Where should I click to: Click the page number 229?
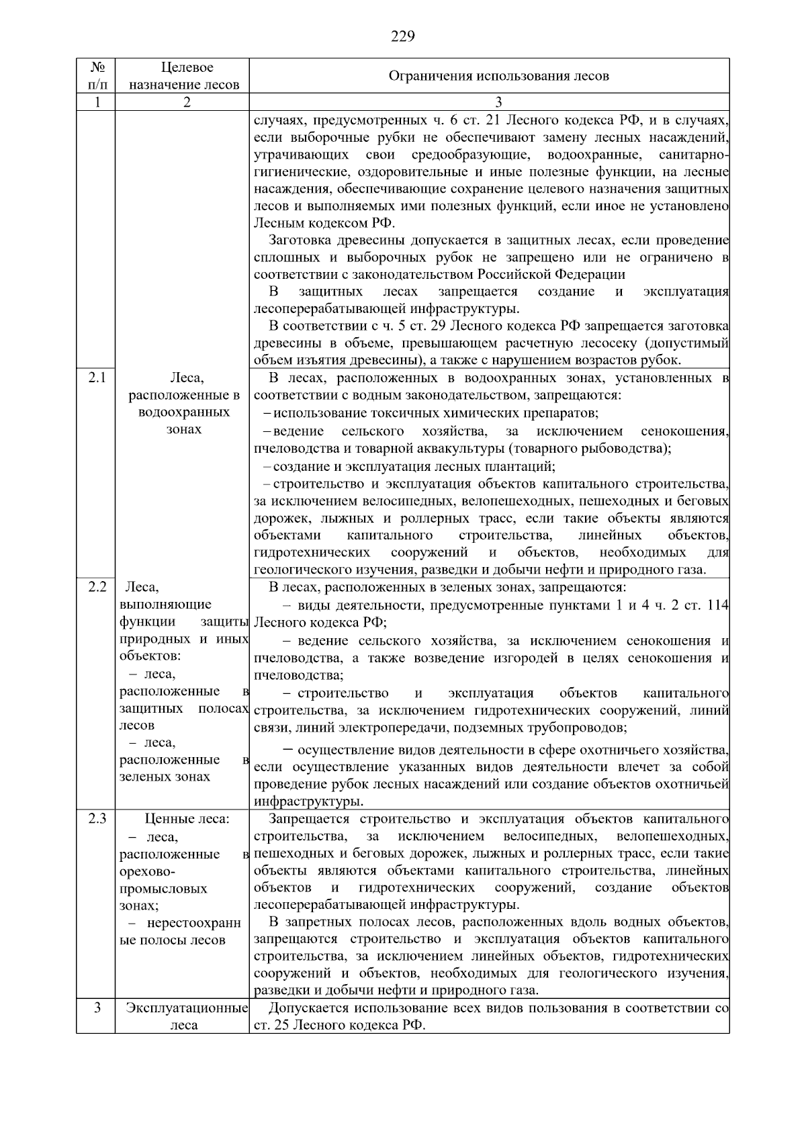tap(402, 36)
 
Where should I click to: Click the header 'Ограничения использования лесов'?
tap(498, 76)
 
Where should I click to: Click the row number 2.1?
tap(97, 378)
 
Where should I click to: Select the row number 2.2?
tap(97, 586)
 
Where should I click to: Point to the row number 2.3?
tap(97, 819)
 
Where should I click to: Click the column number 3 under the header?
tap(498, 102)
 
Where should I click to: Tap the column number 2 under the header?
tap(186, 102)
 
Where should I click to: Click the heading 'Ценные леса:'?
tap(187, 819)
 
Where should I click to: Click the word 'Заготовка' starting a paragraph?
tap(300, 240)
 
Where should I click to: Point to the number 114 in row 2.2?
tap(717, 605)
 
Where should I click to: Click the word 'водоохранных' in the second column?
tap(183, 412)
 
